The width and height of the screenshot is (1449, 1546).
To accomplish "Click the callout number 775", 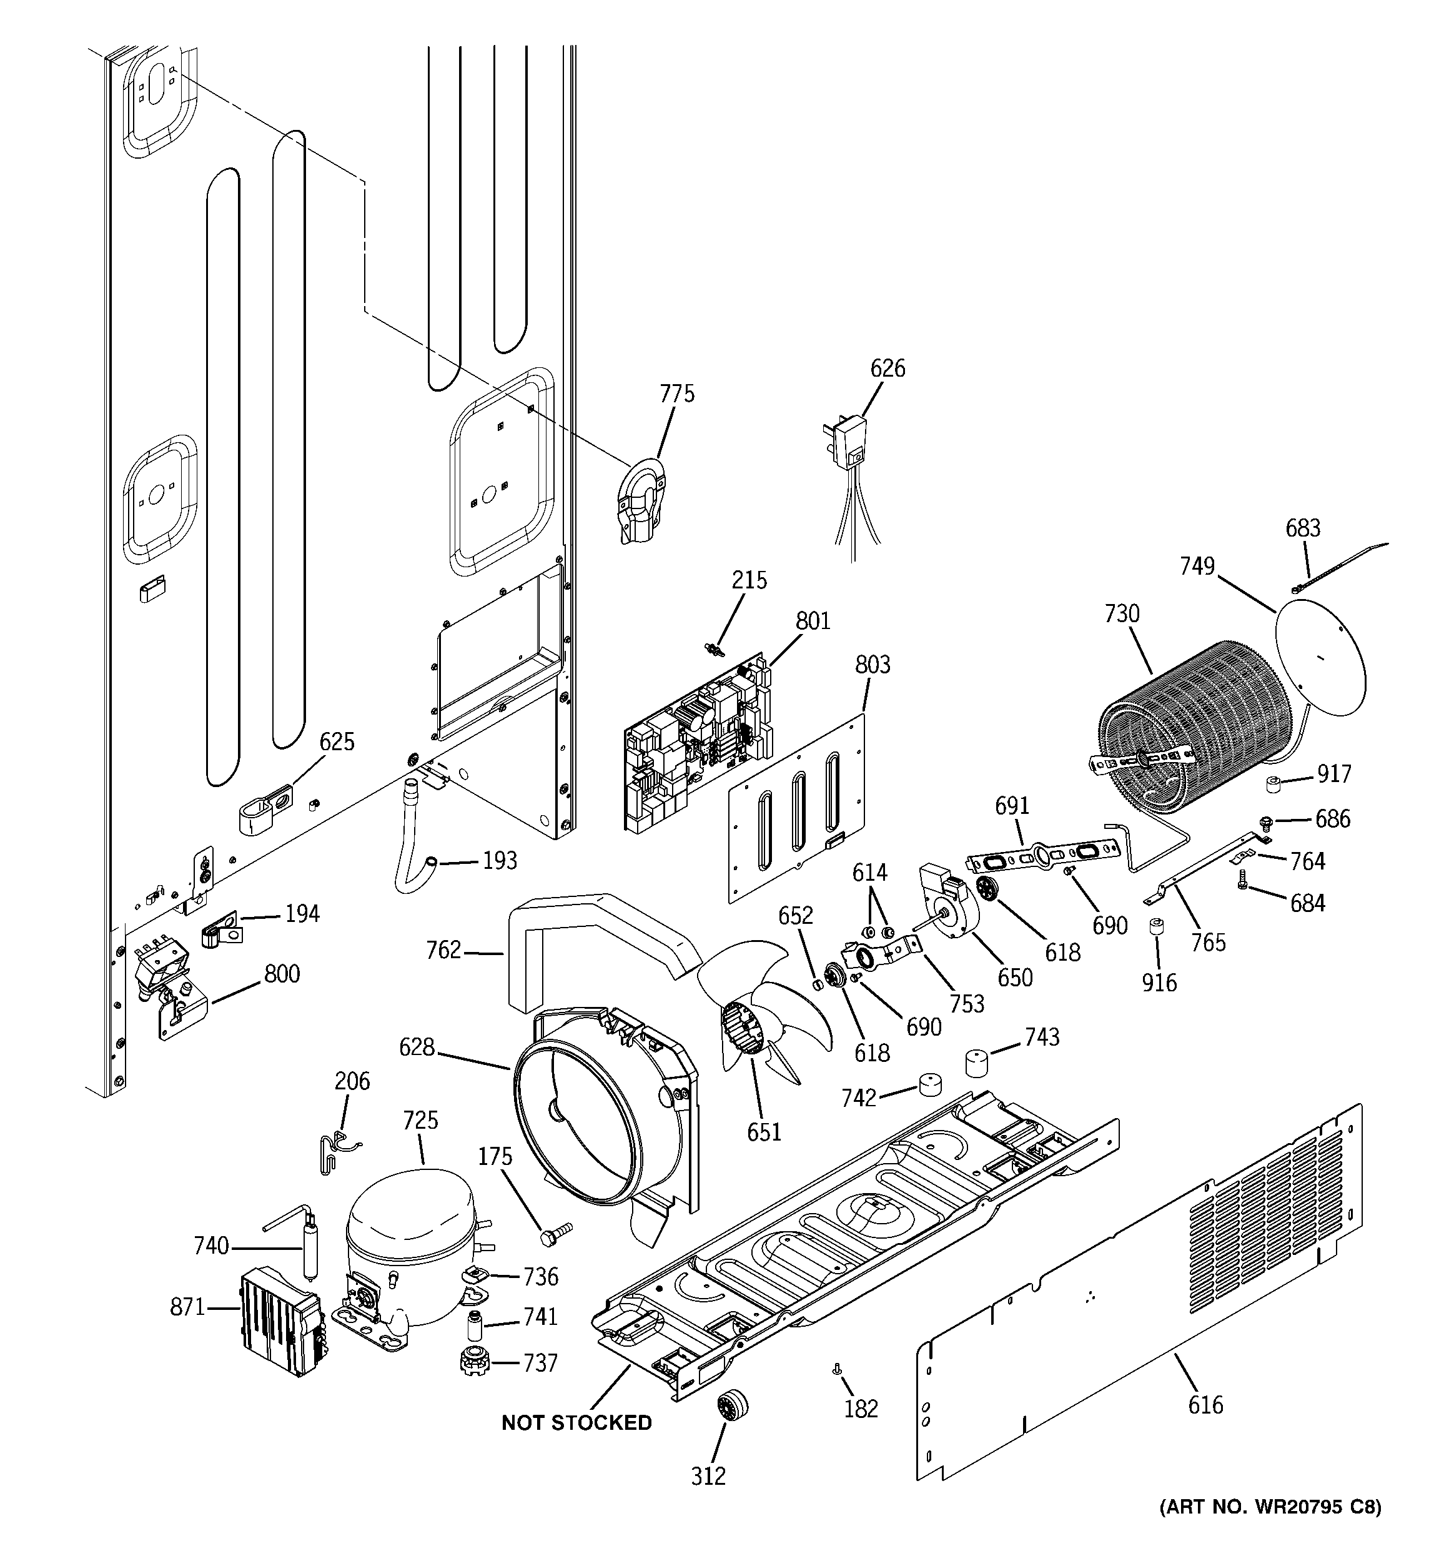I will (676, 394).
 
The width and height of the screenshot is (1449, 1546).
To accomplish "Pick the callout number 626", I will (888, 368).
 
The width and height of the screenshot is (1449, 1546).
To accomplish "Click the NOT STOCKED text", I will (576, 1423).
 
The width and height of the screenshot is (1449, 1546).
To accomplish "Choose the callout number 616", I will (1205, 1404).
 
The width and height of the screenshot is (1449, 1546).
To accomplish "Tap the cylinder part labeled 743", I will (981, 1063).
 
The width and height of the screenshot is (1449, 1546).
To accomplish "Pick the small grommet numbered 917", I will (1274, 785).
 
